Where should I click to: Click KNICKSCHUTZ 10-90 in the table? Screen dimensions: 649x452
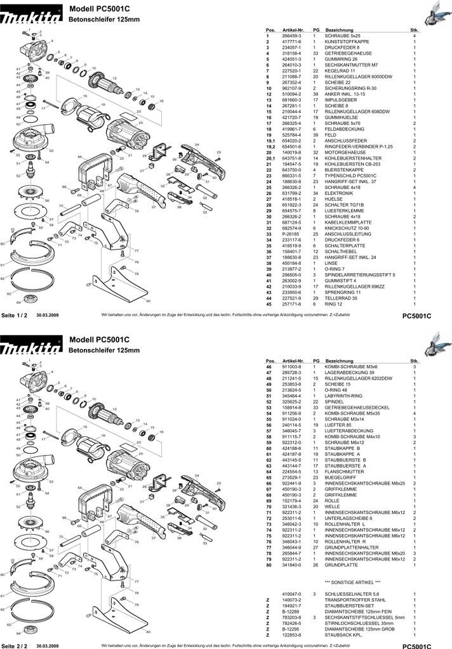point(346,228)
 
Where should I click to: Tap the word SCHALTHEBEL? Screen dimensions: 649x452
point(340,252)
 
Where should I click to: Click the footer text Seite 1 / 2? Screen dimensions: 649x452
point(14,315)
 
